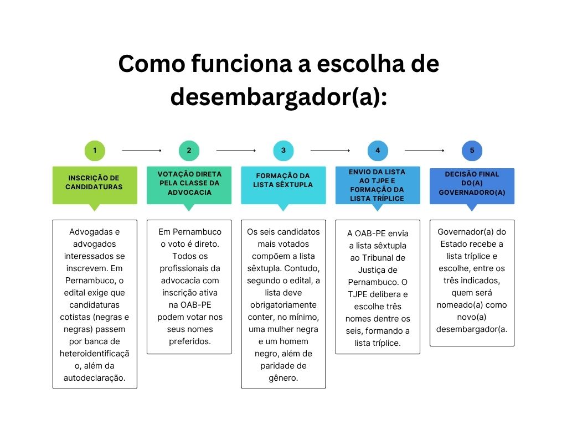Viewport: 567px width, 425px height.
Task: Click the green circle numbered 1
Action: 95,151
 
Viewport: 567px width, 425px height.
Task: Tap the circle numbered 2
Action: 189,151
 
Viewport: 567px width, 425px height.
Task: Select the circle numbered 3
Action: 283,151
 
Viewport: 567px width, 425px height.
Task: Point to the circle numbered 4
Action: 378,151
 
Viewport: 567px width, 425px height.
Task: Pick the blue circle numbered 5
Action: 472,151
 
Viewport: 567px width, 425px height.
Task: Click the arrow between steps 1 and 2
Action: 142,151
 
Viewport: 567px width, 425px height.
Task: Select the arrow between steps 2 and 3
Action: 236,151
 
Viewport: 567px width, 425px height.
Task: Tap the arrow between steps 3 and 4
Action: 330,151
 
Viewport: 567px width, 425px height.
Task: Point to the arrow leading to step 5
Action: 425,151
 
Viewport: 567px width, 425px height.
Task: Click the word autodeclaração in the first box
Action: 95,378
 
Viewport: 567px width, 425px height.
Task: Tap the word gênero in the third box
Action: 283,379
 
